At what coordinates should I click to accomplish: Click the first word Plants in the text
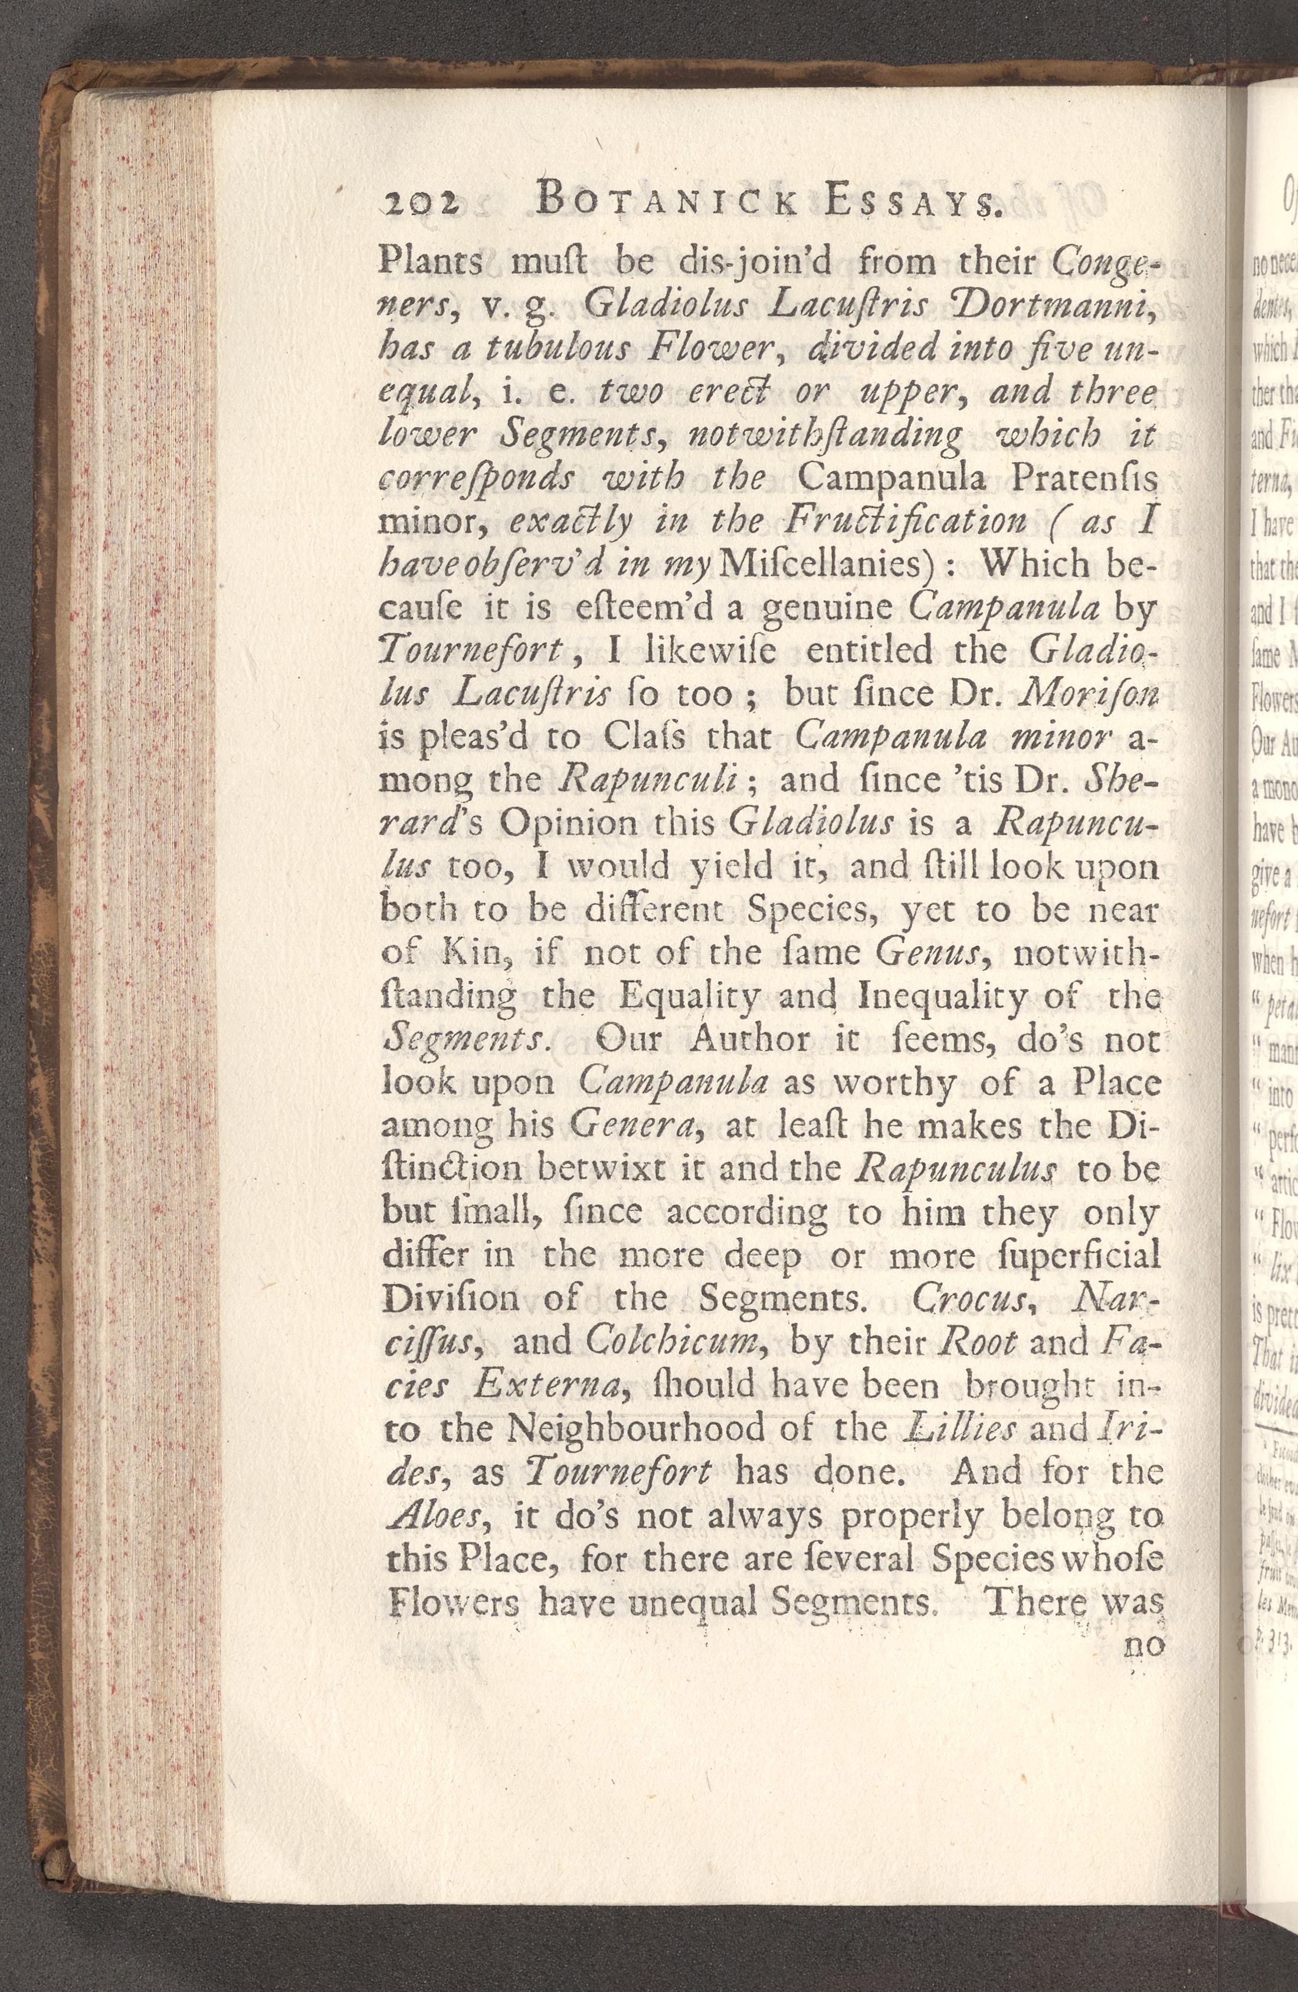pyautogui.click(x=430, y=264)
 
